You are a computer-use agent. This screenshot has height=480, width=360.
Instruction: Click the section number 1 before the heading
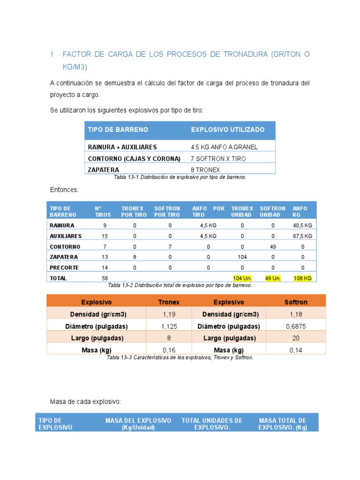[52, 55]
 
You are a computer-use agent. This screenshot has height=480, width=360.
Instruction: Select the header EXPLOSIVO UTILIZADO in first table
[227, 129]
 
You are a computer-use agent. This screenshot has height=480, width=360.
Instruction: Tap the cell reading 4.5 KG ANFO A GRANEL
[224, 147]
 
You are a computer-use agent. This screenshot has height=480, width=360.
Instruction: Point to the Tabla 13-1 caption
[180, 178]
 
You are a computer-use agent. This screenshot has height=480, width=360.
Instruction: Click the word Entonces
[64, 190]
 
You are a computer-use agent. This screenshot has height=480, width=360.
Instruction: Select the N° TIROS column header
[103, 211]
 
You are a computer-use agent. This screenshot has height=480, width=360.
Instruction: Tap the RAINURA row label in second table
[62, 225]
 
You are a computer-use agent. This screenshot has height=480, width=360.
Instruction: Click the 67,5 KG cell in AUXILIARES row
[302, 236]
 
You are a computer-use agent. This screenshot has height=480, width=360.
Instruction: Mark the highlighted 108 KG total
[302, 278]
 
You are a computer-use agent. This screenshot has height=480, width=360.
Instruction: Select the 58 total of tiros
[105, 278]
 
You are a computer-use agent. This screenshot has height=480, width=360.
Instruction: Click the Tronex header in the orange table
[169, 302]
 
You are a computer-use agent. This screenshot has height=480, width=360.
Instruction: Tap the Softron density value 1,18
[296, 314]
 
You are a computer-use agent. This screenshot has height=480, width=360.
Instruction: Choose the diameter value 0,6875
[296, 326]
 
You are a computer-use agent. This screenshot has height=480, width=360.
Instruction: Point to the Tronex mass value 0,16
[169, 350]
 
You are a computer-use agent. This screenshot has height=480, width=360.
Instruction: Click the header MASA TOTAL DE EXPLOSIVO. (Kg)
[283, 424]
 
